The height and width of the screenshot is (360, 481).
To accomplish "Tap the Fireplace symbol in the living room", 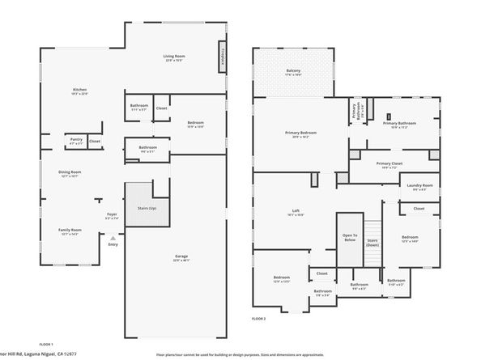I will pyautogui.click(x=221, y=59).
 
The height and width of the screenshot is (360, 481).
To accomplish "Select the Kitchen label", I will pyautogui.click(x=79, y=91).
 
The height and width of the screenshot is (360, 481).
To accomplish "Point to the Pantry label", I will pyautogui.click(x=76, y=140).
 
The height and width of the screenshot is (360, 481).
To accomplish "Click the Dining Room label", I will pyautogui.click(x=70, y=173).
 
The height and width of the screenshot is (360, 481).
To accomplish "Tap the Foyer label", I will pyautogui.click(x=112, y=216).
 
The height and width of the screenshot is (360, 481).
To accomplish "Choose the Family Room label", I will pyautogui.click(x=70, y=231).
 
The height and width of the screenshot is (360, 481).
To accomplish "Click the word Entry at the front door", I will pyautogui.click(x=112, y=244).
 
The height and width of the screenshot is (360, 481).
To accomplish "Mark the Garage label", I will pyautogui.click(x=181, y=258).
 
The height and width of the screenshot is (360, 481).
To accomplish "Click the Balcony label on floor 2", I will pyautogui.click(x=293, y=72).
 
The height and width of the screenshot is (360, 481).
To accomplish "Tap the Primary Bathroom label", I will pyautogui.click(x=403, y=124).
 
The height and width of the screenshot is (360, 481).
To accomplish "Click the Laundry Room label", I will pyautogui.click(x=419, y=186).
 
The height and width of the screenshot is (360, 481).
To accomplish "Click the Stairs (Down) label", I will pyautogui.click(x=372, y=242).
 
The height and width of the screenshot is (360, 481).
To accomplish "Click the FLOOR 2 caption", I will pyautogui.click(x=258, y=320).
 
